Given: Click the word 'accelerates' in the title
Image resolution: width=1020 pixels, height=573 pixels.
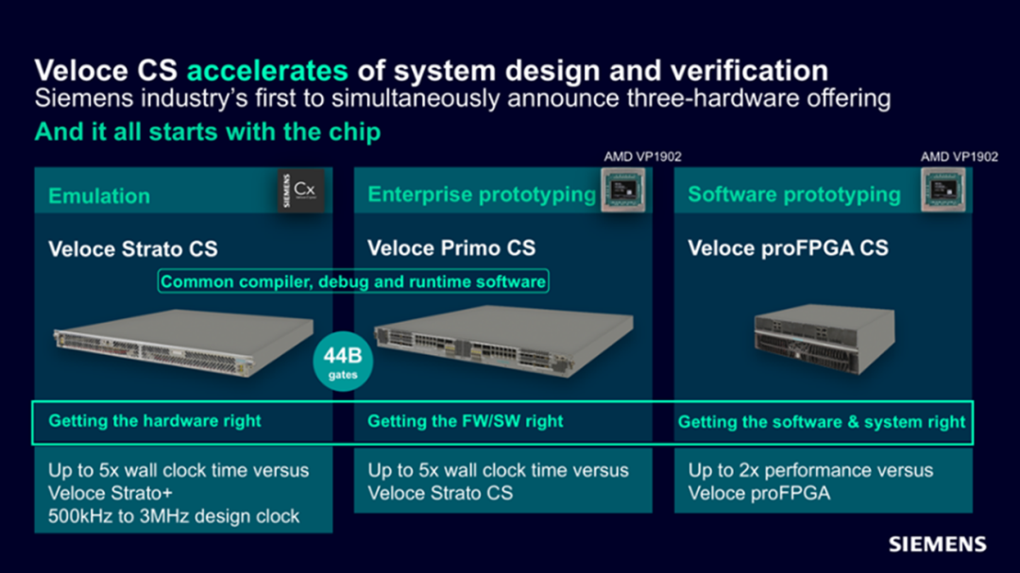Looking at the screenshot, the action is click(267, 70).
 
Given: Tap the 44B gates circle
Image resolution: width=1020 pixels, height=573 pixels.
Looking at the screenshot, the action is click(343, 362).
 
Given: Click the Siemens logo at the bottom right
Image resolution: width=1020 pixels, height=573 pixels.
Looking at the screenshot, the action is click(938, 545).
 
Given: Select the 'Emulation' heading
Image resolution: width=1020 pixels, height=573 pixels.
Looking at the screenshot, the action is click(99, 195).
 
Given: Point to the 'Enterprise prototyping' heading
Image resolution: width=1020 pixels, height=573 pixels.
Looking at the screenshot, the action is click(482, 194).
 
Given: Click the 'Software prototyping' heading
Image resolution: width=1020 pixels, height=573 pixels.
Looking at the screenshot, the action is click(794, 194).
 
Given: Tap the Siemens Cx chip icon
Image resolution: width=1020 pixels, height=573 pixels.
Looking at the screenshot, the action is click(300, 190).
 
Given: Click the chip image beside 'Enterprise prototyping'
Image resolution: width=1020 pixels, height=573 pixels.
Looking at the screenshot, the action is click(623, 189).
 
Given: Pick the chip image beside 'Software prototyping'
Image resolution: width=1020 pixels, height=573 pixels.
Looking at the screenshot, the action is click(943, 189).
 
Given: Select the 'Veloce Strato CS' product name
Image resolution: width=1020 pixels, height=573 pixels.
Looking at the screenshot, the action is click(133, 249).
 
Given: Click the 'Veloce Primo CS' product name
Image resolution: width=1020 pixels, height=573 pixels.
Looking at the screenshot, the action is click(451, 248).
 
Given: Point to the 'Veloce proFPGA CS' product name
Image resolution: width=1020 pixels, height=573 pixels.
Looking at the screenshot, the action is click(788, 248).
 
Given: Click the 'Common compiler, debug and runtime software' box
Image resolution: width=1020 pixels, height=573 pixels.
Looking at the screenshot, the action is click(353, 281).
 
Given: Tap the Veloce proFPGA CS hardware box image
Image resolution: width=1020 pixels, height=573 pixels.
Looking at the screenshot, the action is click(824, 339).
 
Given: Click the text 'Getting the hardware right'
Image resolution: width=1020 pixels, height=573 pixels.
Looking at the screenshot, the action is click(155, 421).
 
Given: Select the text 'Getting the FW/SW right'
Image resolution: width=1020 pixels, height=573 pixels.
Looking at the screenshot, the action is click(465, 421).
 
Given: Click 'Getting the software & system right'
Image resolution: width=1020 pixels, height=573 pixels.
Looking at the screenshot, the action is click(821, 422).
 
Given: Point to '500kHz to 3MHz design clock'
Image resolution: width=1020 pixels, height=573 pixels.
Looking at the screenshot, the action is click(174, 516).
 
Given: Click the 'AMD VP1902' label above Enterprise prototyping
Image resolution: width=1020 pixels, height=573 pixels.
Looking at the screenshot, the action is click(642, 157).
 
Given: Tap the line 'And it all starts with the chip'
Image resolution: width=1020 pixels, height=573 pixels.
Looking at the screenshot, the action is click(208, 132).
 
